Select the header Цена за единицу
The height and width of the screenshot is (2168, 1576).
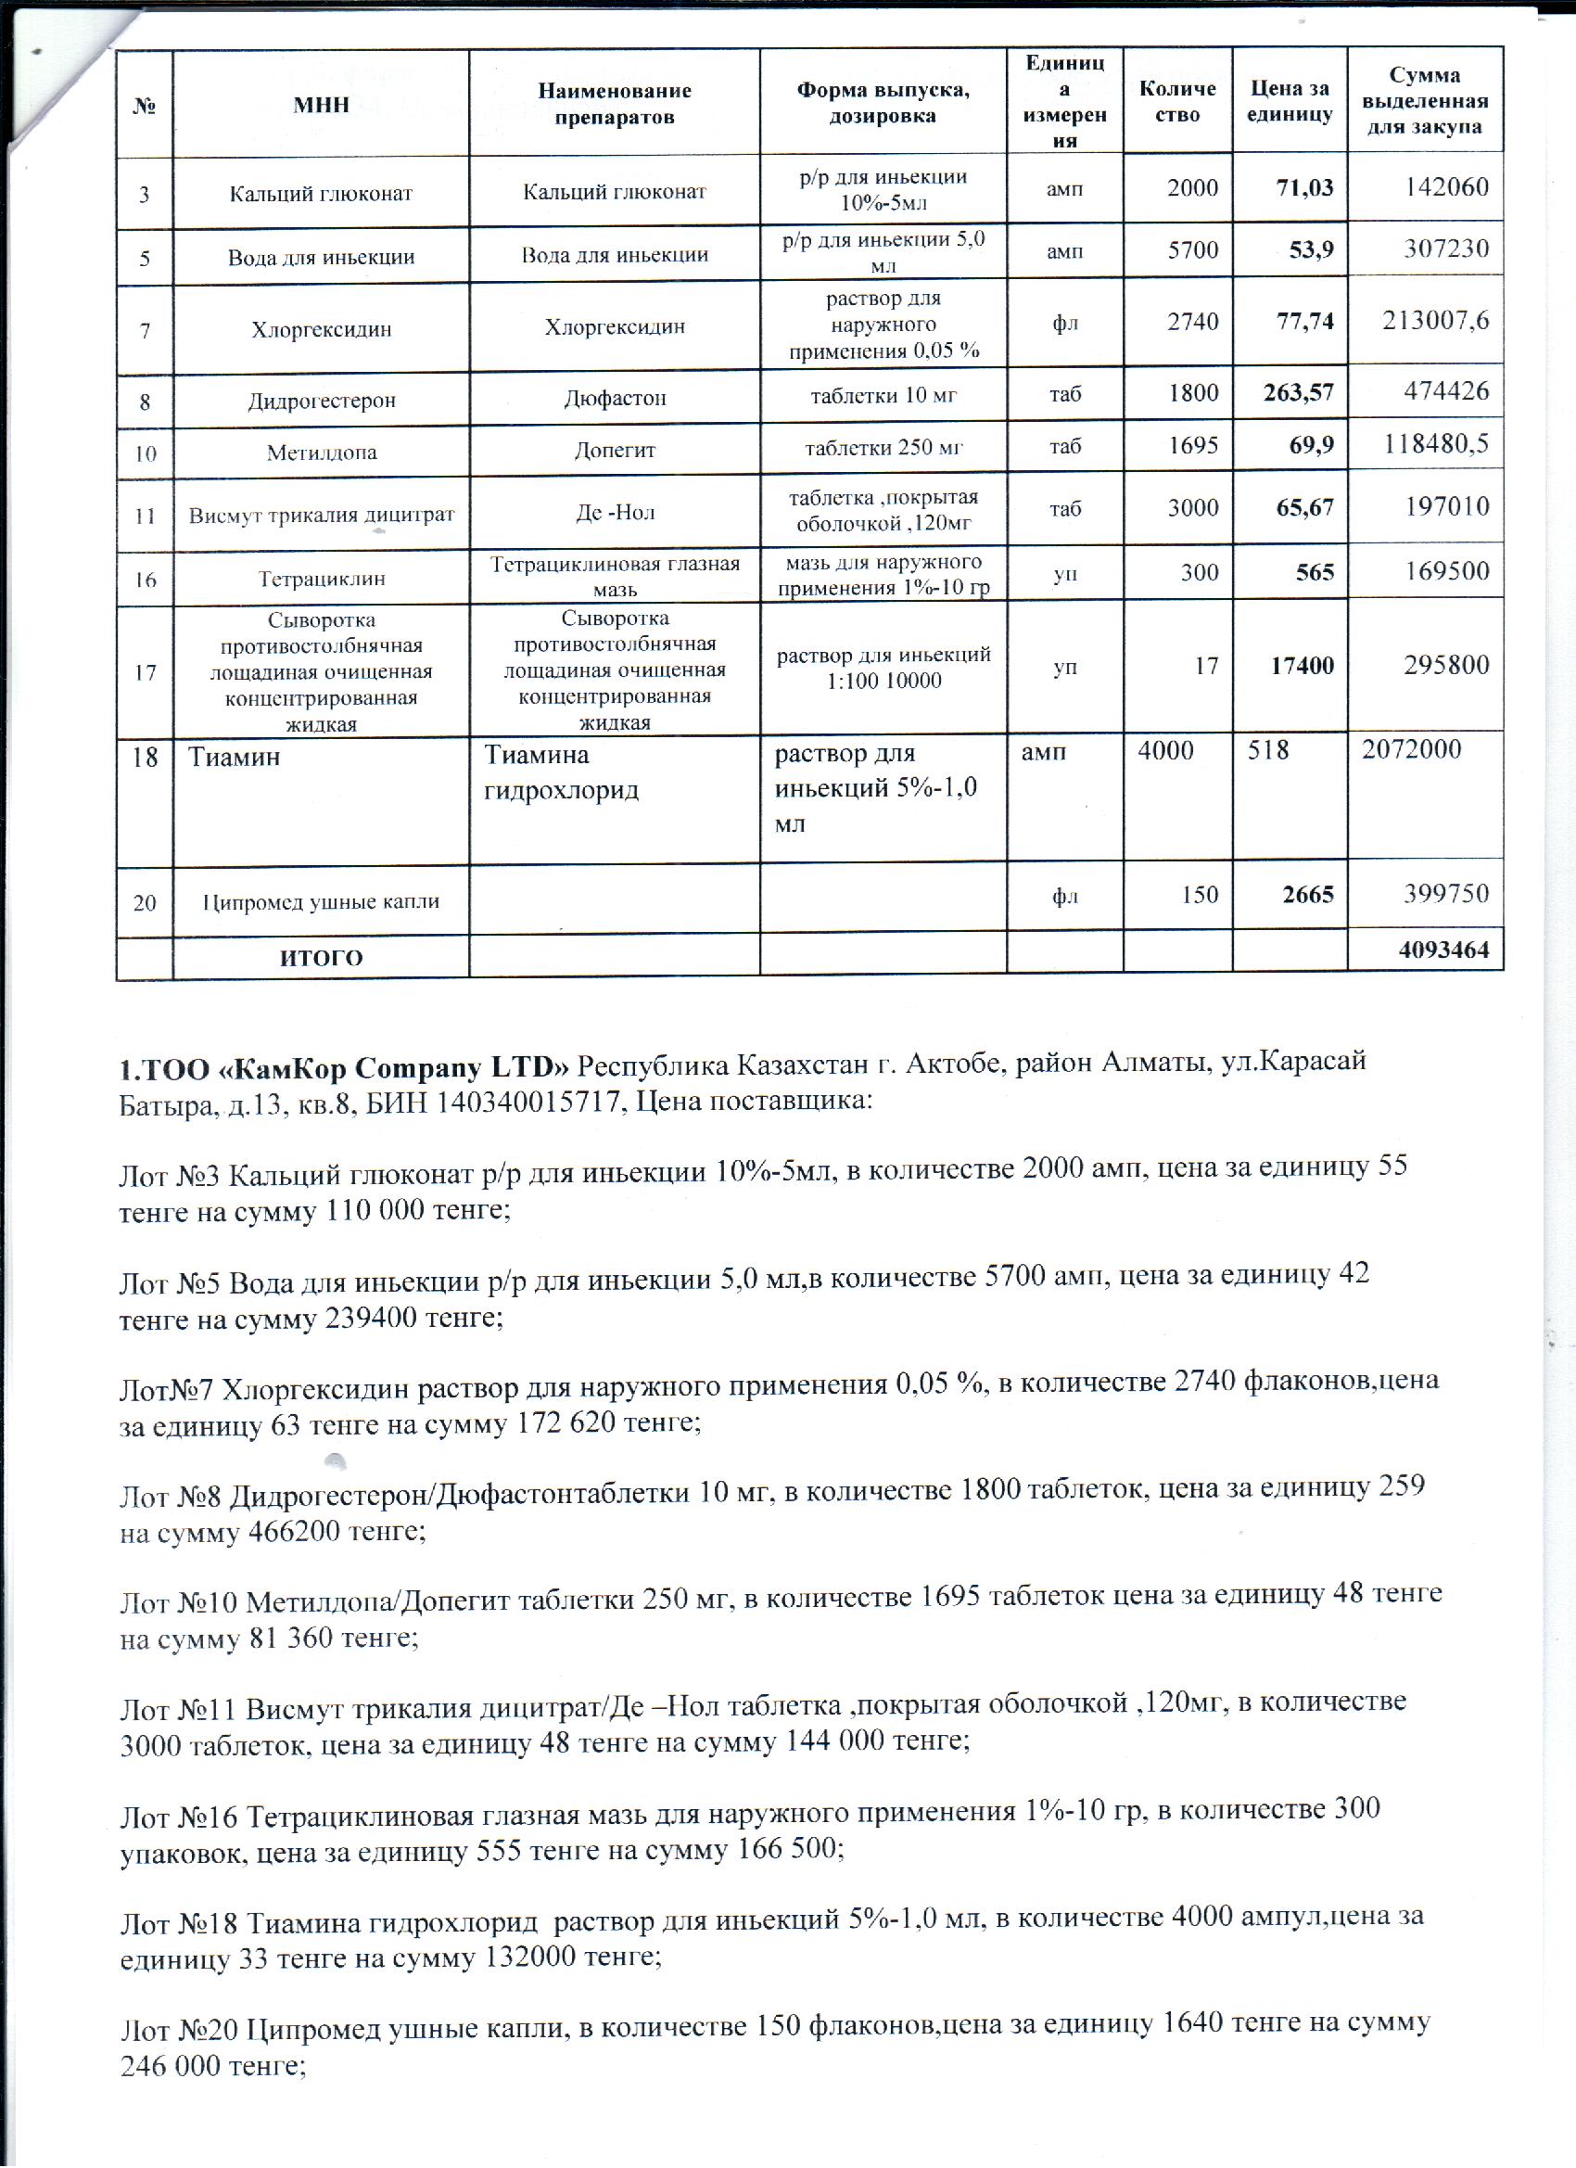[x=1290, y=101]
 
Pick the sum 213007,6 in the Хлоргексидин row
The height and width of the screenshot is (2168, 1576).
[x=1434, y=319]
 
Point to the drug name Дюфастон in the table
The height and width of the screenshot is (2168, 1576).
[x=615, y=397]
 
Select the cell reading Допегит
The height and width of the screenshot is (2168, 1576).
[x=615, y=451]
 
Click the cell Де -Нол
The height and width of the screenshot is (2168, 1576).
[x=615, y=513]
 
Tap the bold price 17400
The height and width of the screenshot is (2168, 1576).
[x=1302, y=665]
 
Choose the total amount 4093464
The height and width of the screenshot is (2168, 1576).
[x=1443, y=951]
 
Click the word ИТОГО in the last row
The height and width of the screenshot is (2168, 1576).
[x=321, y=958]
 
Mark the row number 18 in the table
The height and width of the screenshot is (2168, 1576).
[x=145, y=758]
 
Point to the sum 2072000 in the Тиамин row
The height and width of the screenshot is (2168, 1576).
[x=1411, y=748]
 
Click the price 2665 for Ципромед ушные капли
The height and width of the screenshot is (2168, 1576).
[x=1307, y=895]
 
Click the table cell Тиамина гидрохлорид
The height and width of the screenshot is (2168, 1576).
[x=562, y=772]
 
